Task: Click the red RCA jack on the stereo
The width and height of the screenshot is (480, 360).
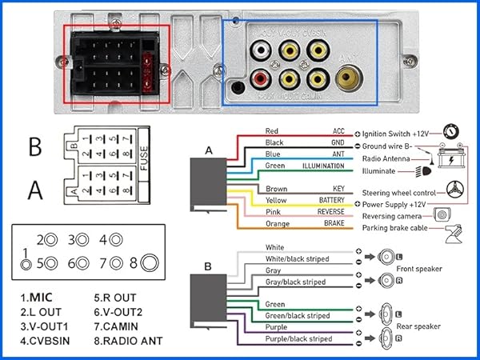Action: click(x=261, y=79)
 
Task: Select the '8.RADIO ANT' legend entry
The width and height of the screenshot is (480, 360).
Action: click(x=128, y=341)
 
